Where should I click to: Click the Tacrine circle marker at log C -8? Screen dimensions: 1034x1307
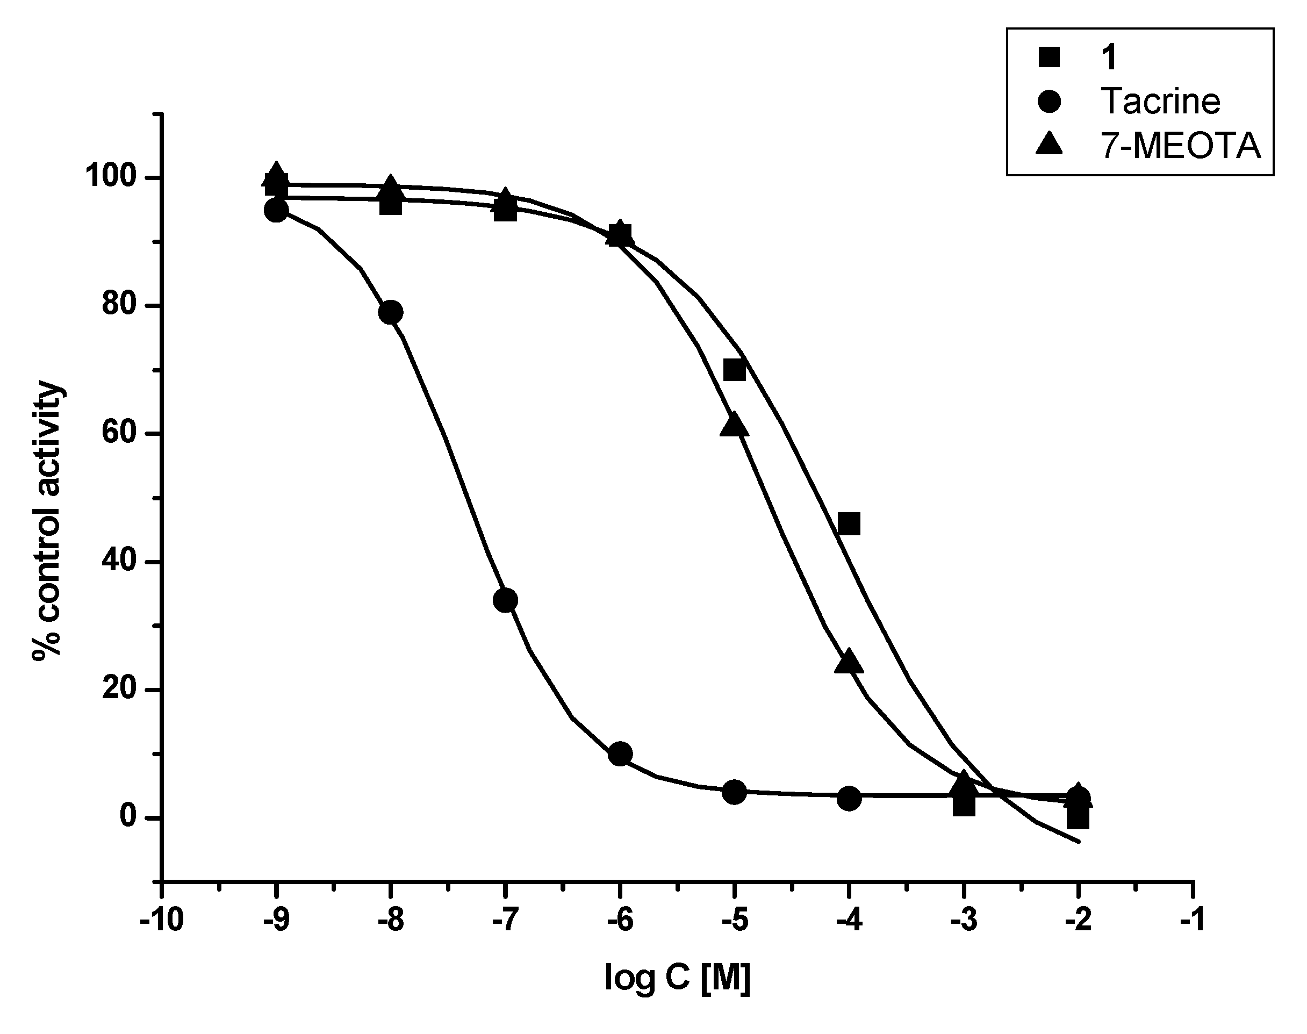click(391, 312)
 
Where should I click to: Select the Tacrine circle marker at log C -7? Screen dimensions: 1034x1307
click(506, 600)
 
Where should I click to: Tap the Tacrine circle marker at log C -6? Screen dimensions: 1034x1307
click(620, 755)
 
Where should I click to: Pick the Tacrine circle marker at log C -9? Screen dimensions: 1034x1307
click(277, 211)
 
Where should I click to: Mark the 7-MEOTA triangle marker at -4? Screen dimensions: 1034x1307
click(849, 662)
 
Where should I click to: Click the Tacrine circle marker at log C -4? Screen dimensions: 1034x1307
click(849, 799)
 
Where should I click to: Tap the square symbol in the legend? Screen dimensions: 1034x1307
click(1049, 58)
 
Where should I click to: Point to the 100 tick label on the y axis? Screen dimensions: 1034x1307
click(114, 178)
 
